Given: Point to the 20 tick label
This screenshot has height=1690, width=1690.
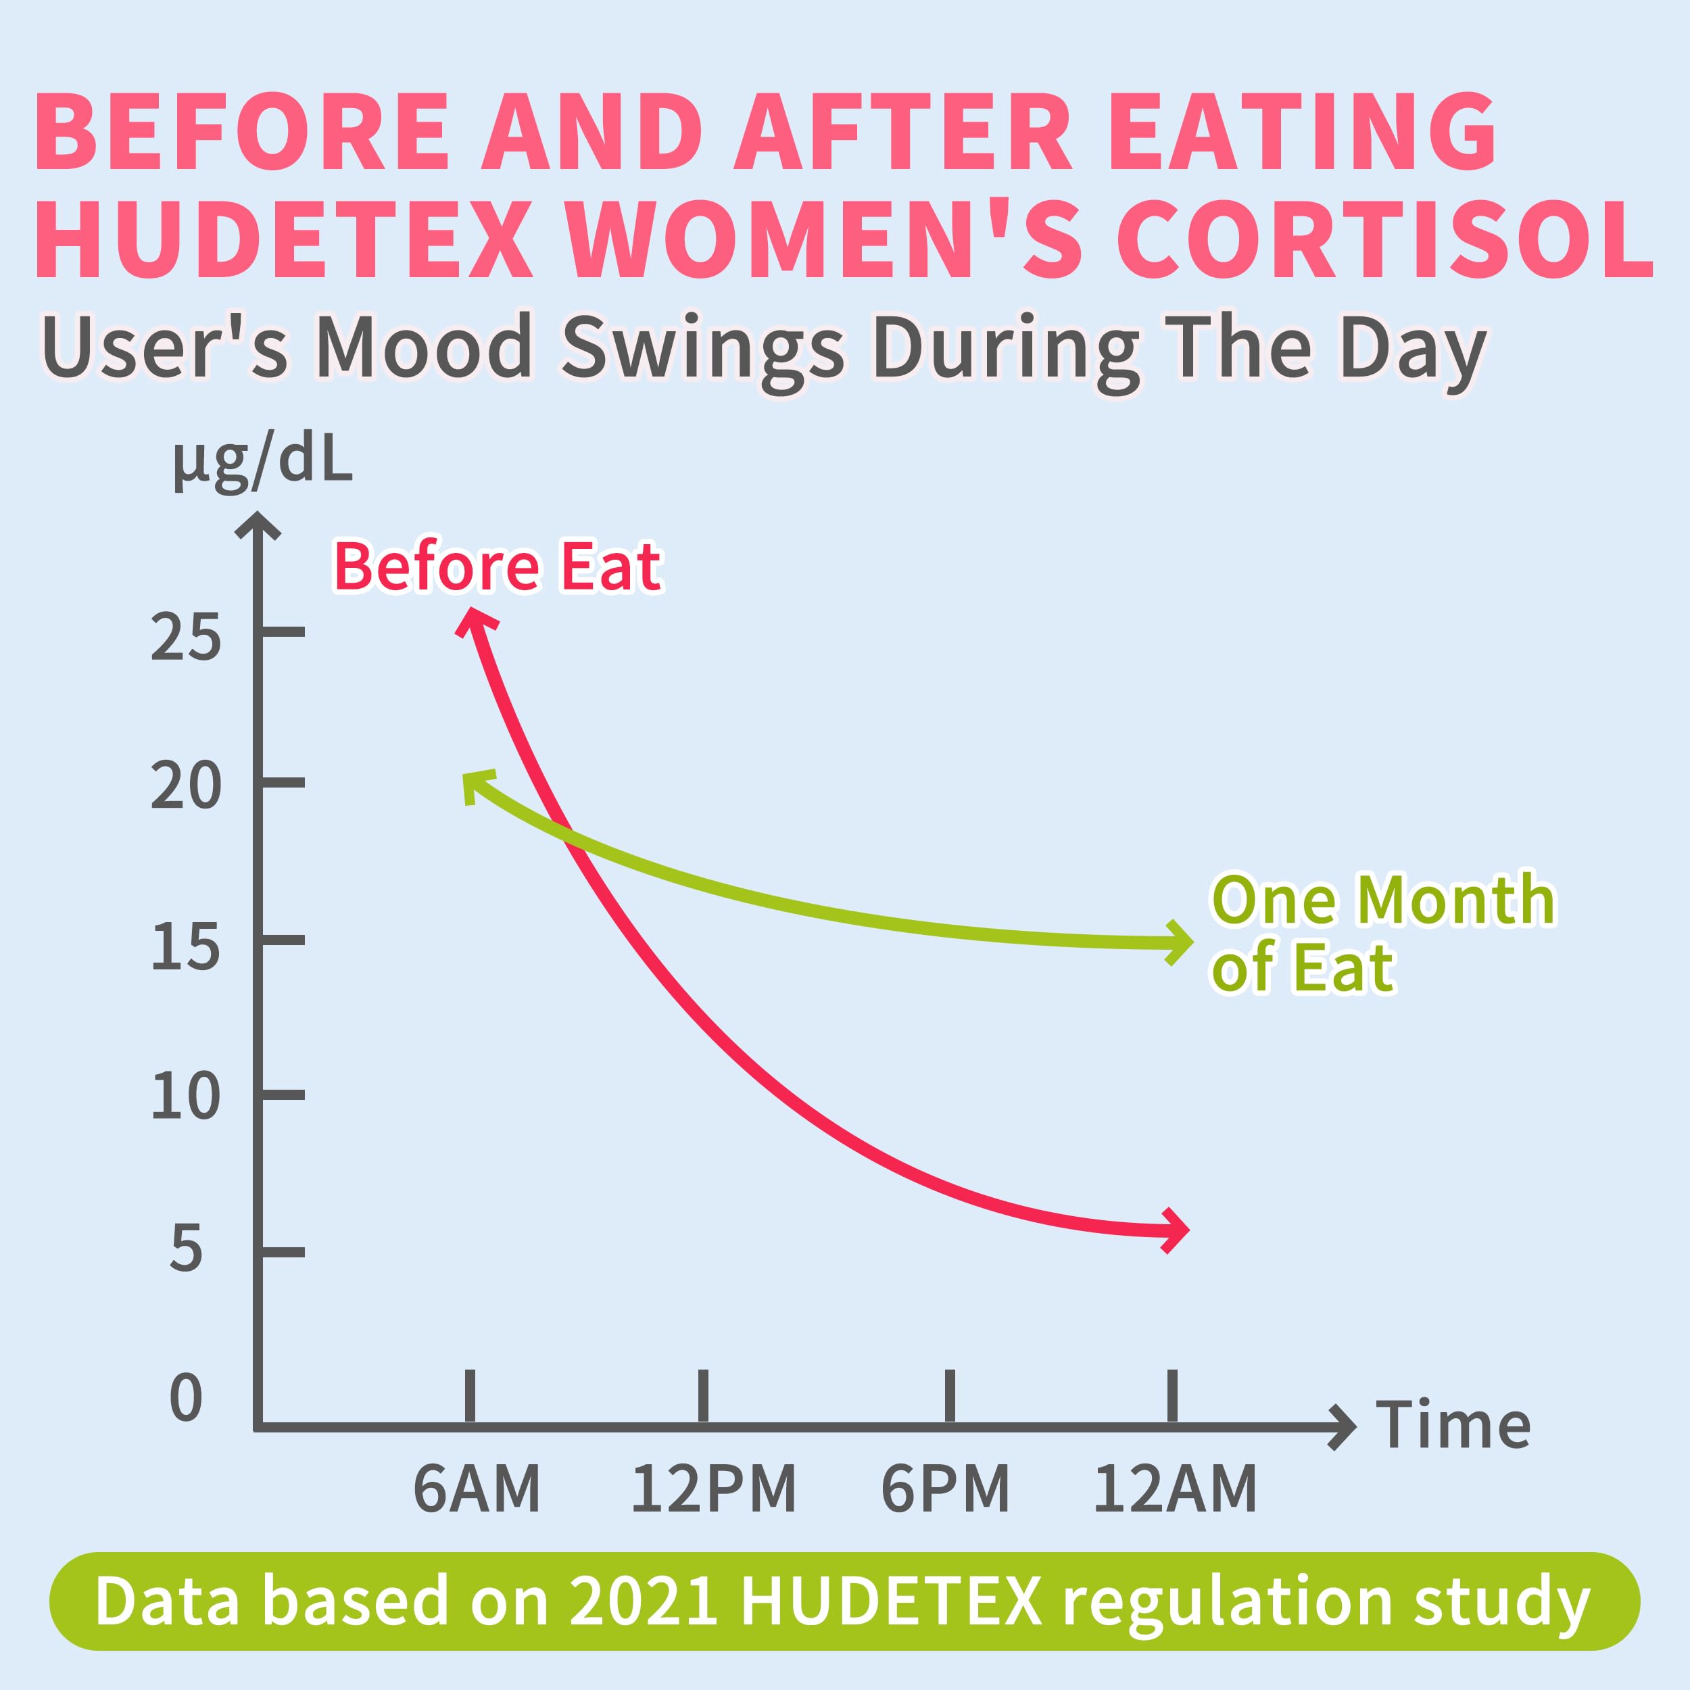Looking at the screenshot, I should tap(185, 786).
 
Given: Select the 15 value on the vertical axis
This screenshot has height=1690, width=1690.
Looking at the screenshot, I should tap(185, 946).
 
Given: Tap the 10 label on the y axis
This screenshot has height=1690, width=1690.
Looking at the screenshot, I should tap(185, 1097).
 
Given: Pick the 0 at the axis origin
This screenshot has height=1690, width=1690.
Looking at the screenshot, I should tap(185, 1397).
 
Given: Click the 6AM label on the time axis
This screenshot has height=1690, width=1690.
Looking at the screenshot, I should tap(477, 1489).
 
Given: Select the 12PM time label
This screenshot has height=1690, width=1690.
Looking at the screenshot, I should tap(713, 1489).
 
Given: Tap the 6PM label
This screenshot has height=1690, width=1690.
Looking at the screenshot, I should tap(945, 1489).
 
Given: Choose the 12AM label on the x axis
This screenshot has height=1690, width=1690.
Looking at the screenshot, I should tap(1175, 1489).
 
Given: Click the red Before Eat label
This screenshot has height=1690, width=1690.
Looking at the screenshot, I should tap(497, 567).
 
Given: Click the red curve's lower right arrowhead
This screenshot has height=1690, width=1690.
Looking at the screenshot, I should tap(1176, 1231).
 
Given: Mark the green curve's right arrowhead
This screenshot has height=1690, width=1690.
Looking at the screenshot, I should tap(1180, 943).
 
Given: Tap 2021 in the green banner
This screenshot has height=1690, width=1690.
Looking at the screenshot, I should tap(644, 1601).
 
